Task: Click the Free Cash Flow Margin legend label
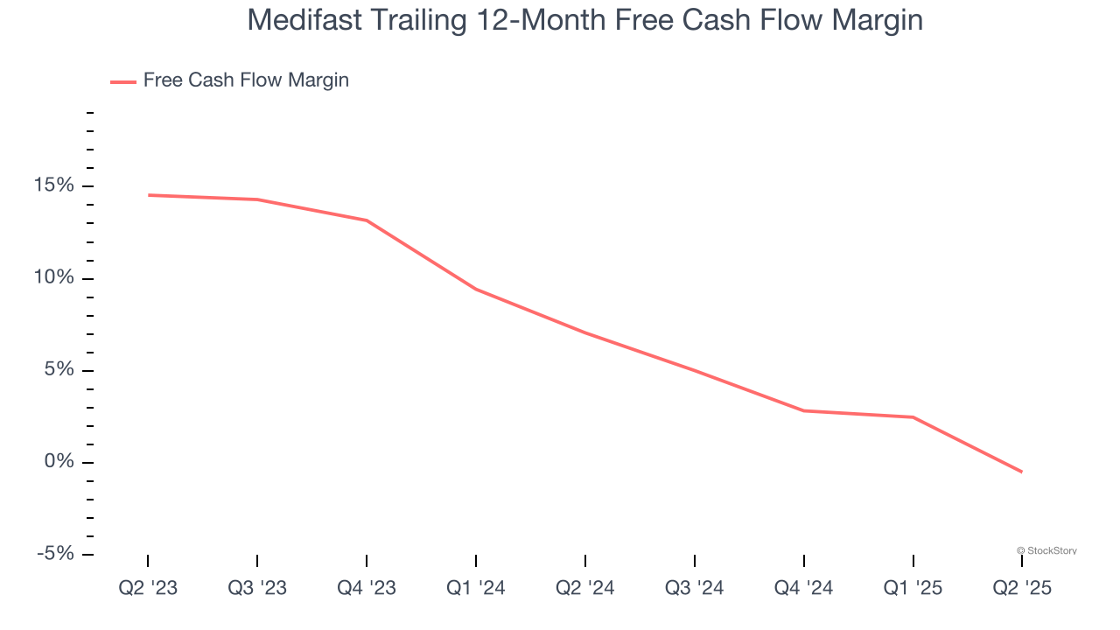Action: coord(246,80)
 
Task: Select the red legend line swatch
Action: coord(122,81)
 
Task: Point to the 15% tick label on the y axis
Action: coord(54,186)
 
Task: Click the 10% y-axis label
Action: coord(54,278)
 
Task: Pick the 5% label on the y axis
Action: coord(59,370)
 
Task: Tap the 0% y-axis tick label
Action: coord(59,462)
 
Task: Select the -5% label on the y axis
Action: coord(54,554)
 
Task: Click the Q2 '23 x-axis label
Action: coord(148,588)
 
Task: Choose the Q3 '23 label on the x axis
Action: coord(257,588)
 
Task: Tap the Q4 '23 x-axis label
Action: coord(367,588)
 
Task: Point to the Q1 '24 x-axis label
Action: coord(476,588)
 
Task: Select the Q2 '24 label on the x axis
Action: coord(585,588)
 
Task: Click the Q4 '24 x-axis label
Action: coord(803,588)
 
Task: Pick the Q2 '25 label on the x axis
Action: coord(1022,588)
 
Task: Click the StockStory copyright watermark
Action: coord(1047,550)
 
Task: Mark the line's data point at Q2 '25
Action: coord(1022,472)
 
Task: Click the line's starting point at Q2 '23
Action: coord(148,195)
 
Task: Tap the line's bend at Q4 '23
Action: coord(367,220)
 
